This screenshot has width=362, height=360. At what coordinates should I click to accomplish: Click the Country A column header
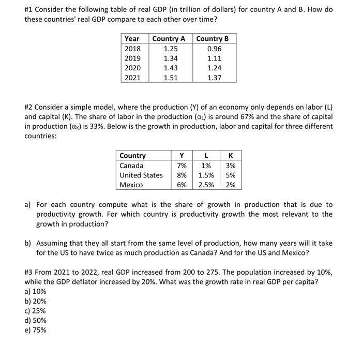pos(169,39)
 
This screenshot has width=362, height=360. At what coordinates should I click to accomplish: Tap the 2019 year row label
pos(133,58)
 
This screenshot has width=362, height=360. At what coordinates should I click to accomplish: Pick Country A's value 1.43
pos(171,68)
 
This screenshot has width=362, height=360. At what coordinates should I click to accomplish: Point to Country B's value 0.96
pos(214,49)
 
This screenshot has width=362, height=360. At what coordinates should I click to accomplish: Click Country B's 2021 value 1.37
pos(214,78)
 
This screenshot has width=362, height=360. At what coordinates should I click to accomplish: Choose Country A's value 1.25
pos(171,49)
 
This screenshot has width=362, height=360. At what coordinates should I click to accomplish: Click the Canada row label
pos(131,166)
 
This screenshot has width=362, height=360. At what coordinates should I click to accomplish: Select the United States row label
pos(141,175)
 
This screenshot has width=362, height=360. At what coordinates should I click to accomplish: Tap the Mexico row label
pos(131,185)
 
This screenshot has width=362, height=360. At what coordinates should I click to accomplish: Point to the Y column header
pos(182,156)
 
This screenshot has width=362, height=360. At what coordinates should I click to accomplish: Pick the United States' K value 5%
pos(231,175)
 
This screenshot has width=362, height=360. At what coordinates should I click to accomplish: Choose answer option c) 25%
pos(35,311)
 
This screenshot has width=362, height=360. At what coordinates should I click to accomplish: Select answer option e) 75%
pos(35,330)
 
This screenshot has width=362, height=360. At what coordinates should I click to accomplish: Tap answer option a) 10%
pos(35,291)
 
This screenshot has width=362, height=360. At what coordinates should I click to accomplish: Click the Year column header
pos(132,39)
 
